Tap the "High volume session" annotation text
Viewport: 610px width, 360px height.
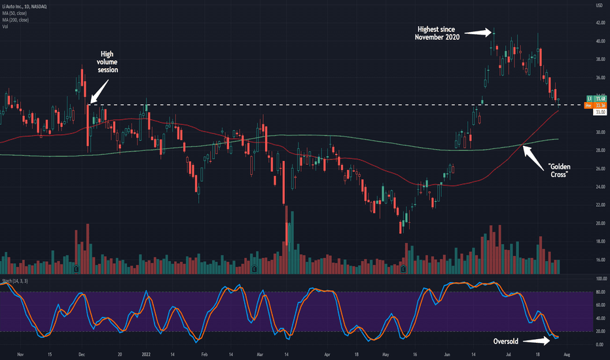point(108,62)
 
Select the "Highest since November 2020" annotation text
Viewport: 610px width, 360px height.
point(437,33)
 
